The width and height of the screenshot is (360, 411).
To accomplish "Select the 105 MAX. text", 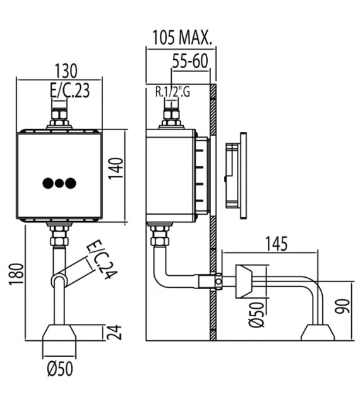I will tap(181, 37).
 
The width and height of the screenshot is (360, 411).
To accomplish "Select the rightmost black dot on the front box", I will tap(71, 183).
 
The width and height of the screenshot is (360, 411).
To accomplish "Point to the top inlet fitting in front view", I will tap(59, 117).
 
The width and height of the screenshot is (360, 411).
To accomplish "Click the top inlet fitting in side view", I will tap(171, 117).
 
